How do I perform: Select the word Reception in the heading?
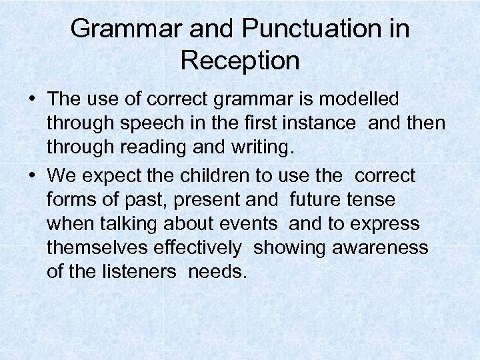(x=240, y=61)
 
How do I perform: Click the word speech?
(x=155, y=125)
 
